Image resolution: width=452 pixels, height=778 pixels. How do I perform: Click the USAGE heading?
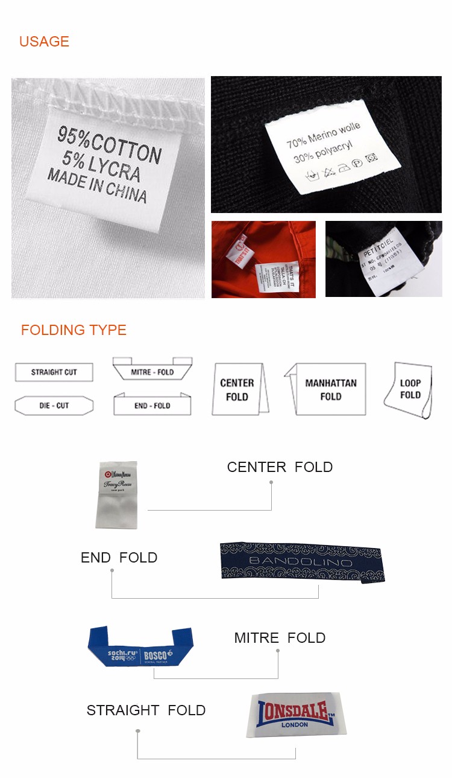pyautogui.click(x=44, y=42)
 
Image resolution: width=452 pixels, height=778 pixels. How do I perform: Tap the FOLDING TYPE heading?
pyautogui.click(x=74, y=330)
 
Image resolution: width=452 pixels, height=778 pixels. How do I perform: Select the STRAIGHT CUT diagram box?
pyautogui.click(x=54, y=372)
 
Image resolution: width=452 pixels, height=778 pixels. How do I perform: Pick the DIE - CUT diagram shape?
pyautogui.click(x=54, y=406)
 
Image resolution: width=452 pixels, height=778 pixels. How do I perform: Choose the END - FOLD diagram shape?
pyautogui.click(x=152, y=405)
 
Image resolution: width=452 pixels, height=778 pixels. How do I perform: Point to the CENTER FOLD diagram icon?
pyautogui.click(x=237, y=390)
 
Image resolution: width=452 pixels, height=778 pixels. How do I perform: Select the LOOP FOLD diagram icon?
pyautogui.click(x=409, y=389)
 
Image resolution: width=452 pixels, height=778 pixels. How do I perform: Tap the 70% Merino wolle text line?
pyautogui.click(x=323, y=135)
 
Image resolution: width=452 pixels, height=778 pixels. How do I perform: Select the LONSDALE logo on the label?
pyautogui.click(x=295, y=715)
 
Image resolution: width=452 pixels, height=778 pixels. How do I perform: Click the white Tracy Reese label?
pyautogui.click(x=118, y=495)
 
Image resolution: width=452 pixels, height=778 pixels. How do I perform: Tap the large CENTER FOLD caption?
pyautogui.click(x=280, y=467)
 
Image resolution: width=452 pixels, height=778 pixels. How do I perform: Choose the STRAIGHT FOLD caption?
pyautogui.click(x=146, y=710)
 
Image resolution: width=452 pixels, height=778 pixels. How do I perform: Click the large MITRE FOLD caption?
pyautogui.click(x=280, y=638)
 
